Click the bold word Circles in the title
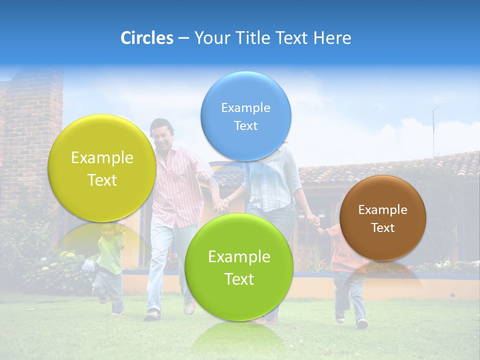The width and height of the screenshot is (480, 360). (146, 38)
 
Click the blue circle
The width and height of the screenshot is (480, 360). (245, 116)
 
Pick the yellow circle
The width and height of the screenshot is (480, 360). (102, 168)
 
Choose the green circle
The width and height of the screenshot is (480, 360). (239, 267)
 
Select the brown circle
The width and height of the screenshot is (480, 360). (382, 218)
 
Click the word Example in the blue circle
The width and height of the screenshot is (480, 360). (245, 107)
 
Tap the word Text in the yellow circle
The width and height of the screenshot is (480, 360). (102, 180)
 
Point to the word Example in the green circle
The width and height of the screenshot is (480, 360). (239, 256)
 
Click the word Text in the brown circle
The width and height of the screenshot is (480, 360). (382, 228)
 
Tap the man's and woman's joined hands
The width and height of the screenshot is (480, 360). (220, 204)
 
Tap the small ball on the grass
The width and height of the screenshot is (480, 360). (452, 295)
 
